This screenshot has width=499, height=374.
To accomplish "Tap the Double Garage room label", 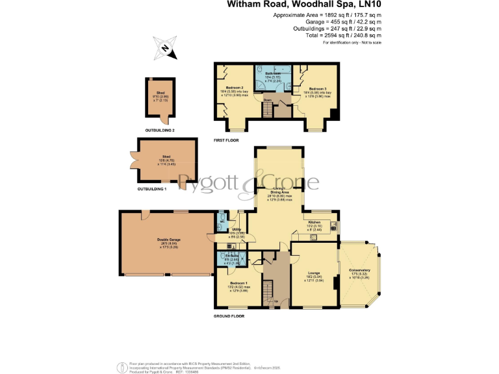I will [168, 240].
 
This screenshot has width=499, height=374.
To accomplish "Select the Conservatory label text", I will [359, 270].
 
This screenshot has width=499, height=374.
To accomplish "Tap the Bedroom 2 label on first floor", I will [235, 88].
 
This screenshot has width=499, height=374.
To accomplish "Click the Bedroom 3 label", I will [317, 88].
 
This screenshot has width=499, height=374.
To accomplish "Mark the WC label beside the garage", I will [221, 221].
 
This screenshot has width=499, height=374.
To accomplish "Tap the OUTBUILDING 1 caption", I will [151, 189].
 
